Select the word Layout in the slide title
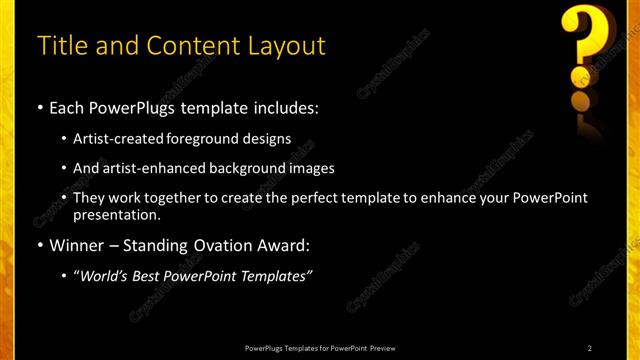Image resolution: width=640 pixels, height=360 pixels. tap(289, 46)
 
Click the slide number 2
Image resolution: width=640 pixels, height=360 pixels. tap(590, 347)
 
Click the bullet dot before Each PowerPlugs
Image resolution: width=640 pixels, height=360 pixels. tap(40, 106)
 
